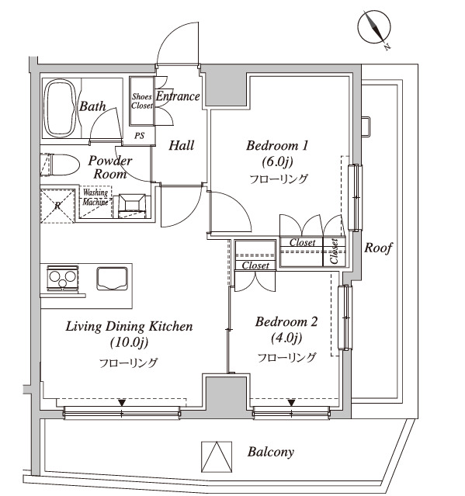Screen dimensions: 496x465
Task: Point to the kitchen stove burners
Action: [61, 277]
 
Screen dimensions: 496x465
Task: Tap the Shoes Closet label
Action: [141, 101]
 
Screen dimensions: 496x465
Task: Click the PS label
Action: [141, 135]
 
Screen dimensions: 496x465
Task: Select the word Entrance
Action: [178, 96]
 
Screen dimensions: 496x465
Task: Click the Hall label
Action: [181, 145]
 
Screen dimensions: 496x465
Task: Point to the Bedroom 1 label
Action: [277, 145]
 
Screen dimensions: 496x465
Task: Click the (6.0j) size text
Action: [277, 161]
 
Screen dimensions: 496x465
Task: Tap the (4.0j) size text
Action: [286, 338]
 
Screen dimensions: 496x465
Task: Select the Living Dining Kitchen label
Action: [129, 326]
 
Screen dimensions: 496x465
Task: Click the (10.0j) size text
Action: [128, 342]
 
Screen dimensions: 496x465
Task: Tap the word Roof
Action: [379, 248]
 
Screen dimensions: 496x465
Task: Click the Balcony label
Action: [271, 451]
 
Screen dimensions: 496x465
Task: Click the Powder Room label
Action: [109, 167]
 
